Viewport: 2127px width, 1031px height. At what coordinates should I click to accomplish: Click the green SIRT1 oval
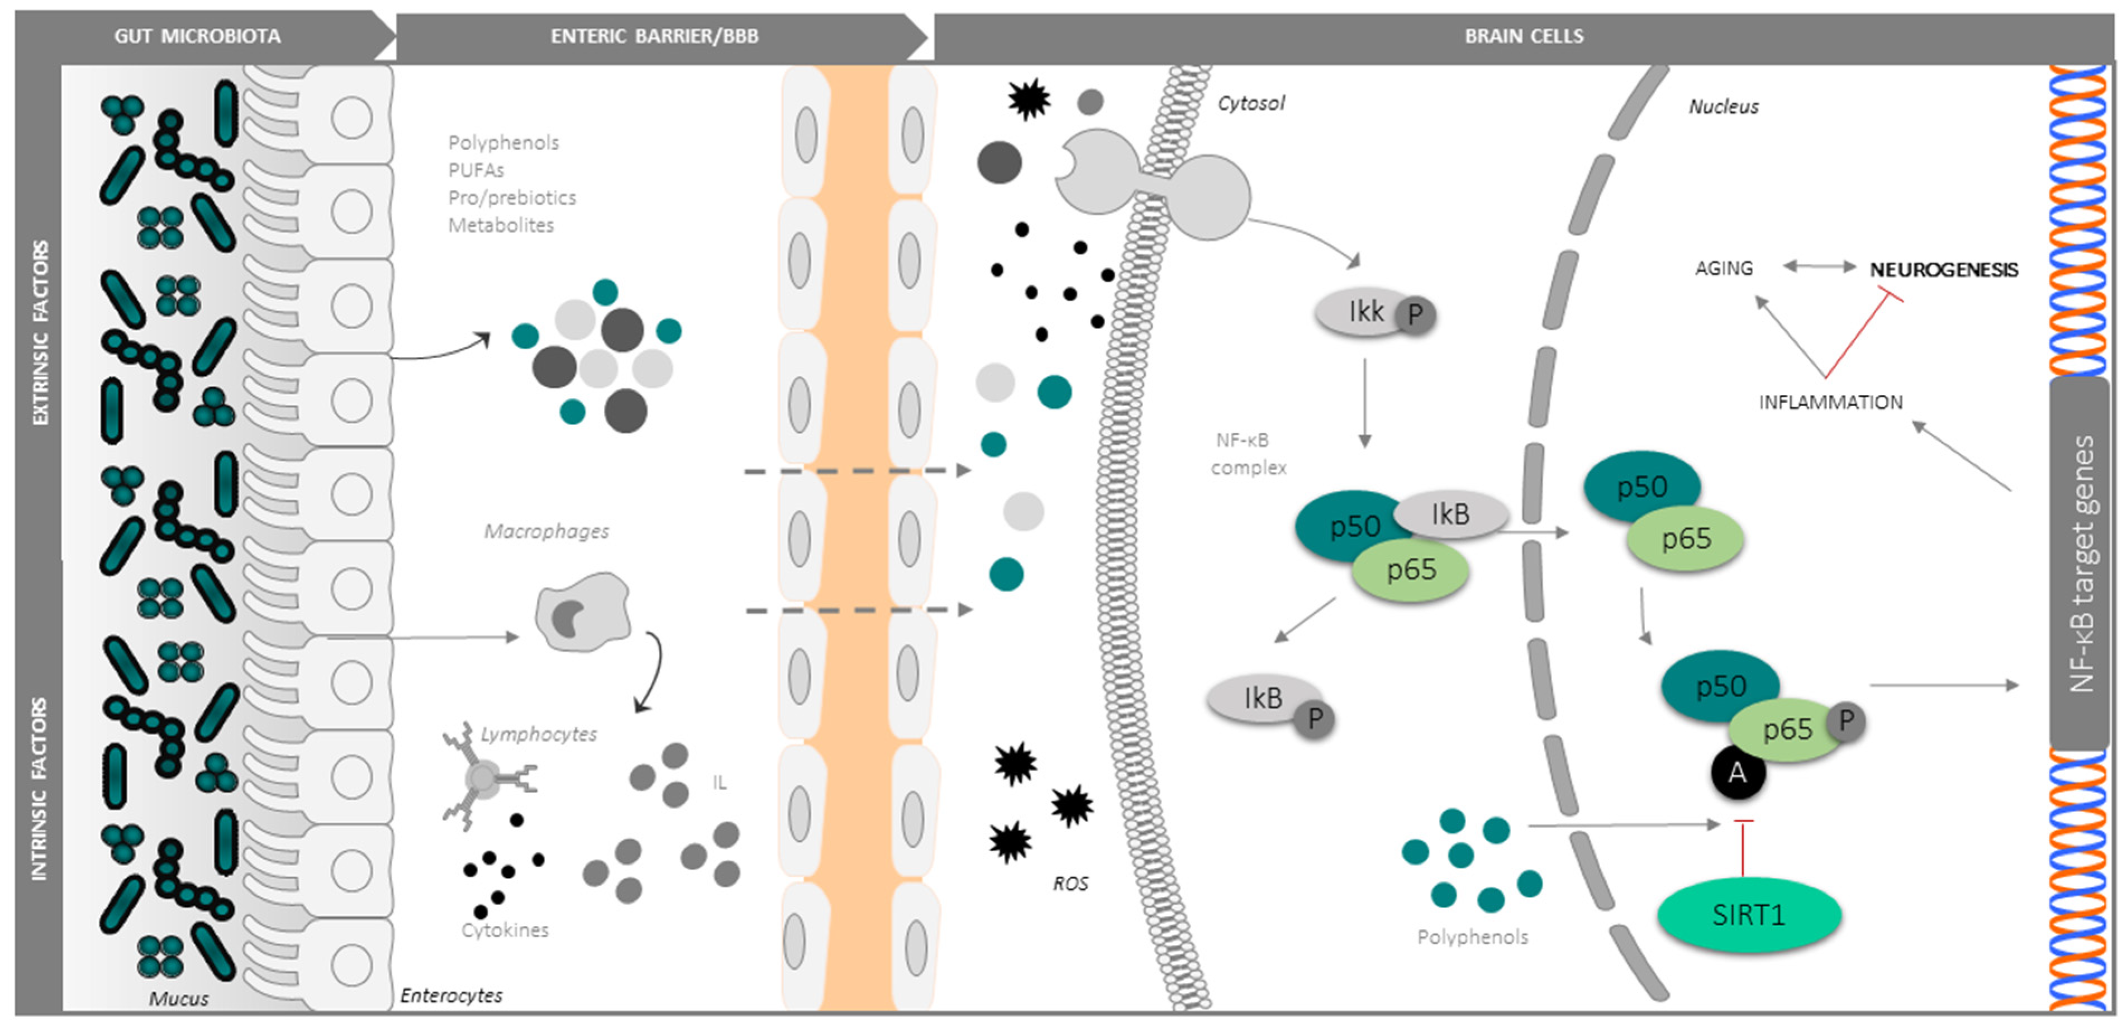[1749, 915]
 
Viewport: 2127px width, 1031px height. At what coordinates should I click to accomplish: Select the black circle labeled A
[1737, 772]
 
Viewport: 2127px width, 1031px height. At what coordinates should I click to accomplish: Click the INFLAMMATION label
[1830, 403]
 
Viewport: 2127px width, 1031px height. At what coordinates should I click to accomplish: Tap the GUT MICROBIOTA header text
[197, 36]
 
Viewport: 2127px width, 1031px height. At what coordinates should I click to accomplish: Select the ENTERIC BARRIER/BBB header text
[654, 36]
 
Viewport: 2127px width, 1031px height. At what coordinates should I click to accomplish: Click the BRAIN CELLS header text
[1524, 36]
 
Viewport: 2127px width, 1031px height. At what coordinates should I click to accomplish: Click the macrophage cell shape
[581, 613]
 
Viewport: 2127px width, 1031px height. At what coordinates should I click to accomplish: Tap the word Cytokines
[505, 930]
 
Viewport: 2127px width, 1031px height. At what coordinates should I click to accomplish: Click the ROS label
[1070, 884]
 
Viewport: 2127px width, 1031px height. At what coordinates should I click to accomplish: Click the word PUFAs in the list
[475, 170]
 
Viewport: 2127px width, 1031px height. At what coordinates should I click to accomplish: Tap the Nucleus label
[1723, 107]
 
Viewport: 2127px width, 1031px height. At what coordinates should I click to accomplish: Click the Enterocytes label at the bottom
[451, 995]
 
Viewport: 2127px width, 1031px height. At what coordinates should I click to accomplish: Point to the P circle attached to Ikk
[1415, 314]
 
